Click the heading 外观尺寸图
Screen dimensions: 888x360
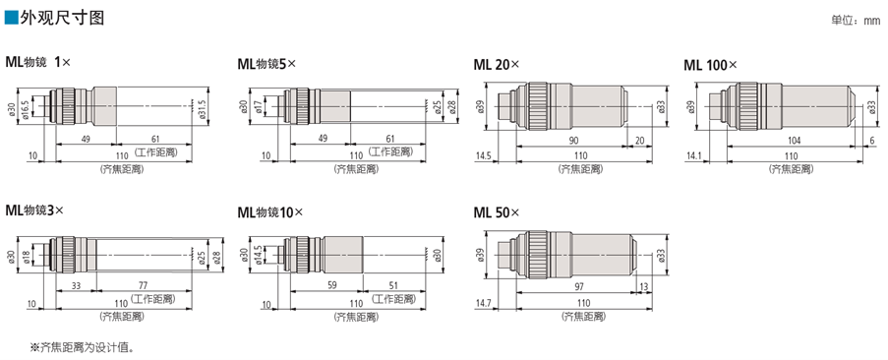point(62,18)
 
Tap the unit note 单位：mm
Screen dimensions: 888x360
point(855,21)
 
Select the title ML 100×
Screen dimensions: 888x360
point(711,65)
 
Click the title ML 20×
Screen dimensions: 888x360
point(496,65)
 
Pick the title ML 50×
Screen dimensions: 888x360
point(496,212)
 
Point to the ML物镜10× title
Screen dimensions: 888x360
point(270,212)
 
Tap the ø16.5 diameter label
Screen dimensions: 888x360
point(26,106)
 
